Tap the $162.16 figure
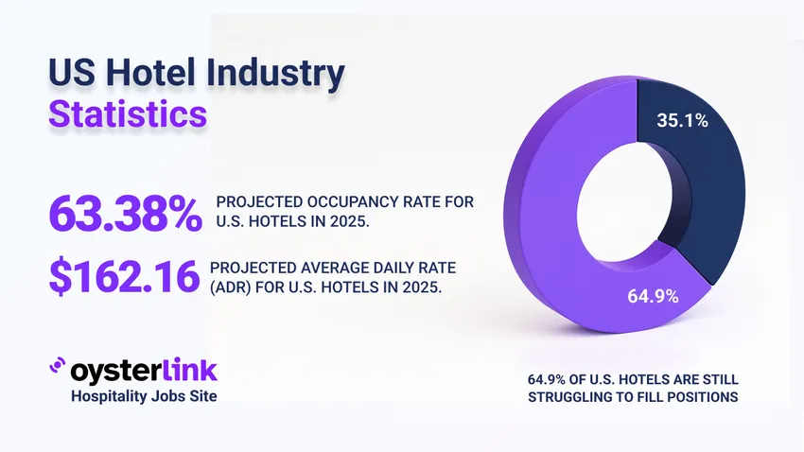coord(124,275)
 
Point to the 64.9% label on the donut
coord(653,296)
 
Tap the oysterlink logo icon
coord(57,367)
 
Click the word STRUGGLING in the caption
coord(567,398)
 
